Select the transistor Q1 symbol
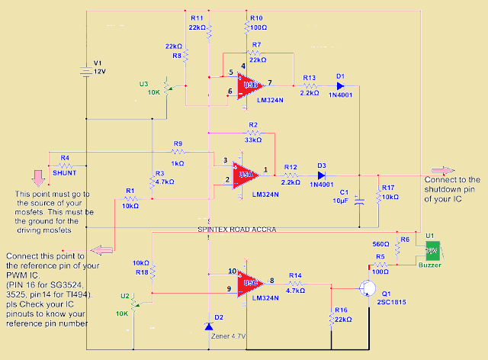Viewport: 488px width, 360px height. tap(369, 288)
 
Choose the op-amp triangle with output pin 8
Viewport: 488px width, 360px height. tap(249, 284)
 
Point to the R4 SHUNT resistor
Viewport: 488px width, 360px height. tap(65, 164)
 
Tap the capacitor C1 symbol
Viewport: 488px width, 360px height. tap(360, 200)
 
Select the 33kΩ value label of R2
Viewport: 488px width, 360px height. tap(252, 140)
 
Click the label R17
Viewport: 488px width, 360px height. tap(388, 187)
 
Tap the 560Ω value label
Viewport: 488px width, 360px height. tap(381, 244)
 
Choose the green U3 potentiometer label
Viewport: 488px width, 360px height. tap(143, 83)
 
